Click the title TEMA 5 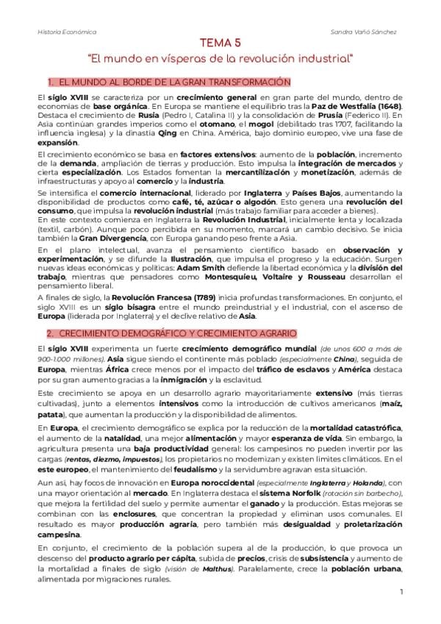220,43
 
